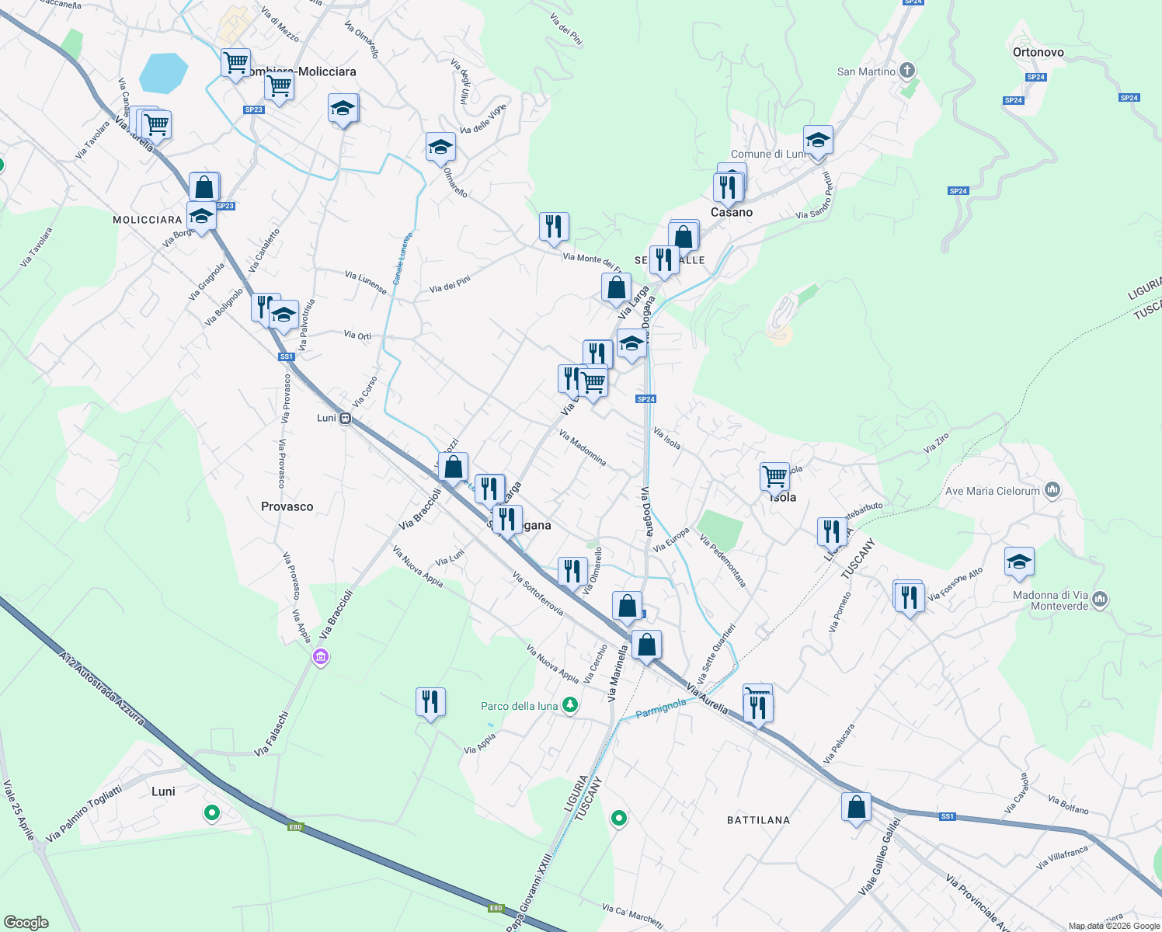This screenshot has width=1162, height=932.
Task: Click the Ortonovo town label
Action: [x=1038, y=52]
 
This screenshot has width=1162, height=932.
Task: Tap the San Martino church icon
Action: [x=906, y=71]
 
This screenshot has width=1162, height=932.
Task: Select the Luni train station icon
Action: [x=345, y=418]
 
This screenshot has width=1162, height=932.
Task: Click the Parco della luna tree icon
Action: [x=571, y=705]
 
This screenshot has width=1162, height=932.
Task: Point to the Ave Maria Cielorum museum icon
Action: [x=1052, y=490]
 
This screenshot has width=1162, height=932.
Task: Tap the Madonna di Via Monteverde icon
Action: [x=1100, y=599]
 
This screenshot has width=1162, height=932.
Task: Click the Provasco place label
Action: [x=287, y=506]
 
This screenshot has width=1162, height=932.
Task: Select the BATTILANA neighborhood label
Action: [x=758, y=820]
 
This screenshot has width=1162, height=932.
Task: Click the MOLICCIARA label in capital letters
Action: [x=147, y=220]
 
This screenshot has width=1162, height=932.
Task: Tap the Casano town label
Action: [x=732, y=212]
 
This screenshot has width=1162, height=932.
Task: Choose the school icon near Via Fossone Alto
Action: [x=1019, y=562]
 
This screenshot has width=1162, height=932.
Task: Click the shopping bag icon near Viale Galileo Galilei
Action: [x=856, y=808]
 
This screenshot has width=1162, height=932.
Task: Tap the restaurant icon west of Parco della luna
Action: [x=430, y=702]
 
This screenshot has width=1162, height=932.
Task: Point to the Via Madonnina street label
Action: [x=583, y=448]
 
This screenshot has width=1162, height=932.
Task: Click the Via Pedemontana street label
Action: [x=722, y=561]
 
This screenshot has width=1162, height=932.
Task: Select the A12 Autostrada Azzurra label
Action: [x=102, y=688]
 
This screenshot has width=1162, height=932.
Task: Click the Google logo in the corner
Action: [x=26, y=923]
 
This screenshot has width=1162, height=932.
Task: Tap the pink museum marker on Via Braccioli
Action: [x=320, y=658]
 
